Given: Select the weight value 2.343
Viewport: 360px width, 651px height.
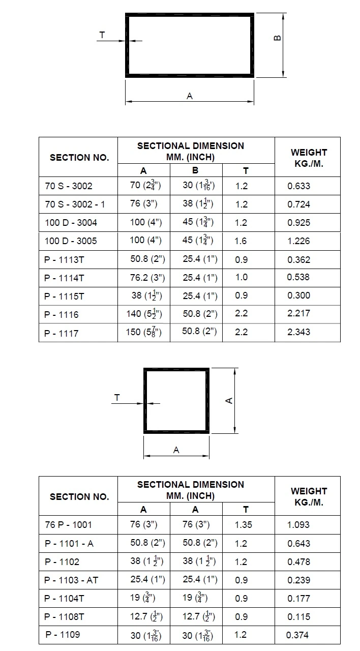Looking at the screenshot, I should (x=298, y=332).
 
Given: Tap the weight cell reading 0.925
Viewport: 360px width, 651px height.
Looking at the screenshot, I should (x=298, y=223).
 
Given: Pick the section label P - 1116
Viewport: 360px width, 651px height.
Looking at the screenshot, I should (x=62, y=314).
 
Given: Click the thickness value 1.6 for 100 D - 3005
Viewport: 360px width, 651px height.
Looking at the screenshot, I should (x=241, y=241).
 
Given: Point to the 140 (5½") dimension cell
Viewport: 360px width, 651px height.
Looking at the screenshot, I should (x=144, y=314).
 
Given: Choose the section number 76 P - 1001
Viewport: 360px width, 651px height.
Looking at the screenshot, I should (x=68, y=524).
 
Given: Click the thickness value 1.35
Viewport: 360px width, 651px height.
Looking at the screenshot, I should (x=244, y=524).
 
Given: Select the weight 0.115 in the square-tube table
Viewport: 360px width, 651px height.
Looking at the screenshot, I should (x=298, y=617).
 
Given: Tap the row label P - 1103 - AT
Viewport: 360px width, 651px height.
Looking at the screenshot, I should (x=71, y=580).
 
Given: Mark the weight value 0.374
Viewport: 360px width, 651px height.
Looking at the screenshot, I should (x=297, y=635).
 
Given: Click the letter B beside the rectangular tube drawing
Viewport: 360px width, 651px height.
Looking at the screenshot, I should (x=278, y=38).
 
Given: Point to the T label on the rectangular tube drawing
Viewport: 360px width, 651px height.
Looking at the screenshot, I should (x=102, y=35).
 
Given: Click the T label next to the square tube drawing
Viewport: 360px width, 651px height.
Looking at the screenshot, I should (x=117, y=398).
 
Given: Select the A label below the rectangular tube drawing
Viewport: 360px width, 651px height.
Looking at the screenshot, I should (x=190, y=96).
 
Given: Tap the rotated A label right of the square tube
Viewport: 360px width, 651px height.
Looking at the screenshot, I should (x=229, y=401).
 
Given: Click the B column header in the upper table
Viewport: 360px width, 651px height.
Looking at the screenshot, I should (x=196, y=171).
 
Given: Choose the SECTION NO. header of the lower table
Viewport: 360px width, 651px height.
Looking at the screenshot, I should (x=79, y=496).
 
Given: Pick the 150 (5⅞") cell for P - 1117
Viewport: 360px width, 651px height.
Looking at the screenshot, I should (x=144, y=332).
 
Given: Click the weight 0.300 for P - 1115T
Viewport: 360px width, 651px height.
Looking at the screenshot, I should (x=298, y=295).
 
